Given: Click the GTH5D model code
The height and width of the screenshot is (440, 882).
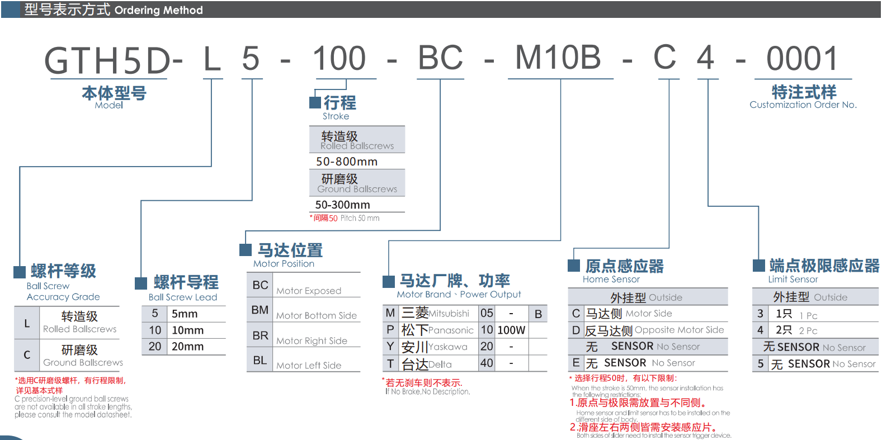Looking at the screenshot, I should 107,60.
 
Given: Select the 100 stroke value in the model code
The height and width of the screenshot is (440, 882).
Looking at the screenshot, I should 339,59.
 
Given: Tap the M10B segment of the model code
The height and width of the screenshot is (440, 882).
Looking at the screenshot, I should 558,58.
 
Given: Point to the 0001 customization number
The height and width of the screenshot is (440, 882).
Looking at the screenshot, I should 802,59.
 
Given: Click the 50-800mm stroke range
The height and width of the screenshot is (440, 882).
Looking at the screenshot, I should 347,162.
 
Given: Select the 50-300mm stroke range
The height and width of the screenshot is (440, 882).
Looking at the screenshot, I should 342,205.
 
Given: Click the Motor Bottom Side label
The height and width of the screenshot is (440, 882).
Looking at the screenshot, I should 316,315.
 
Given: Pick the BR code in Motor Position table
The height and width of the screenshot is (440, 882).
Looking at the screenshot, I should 260,335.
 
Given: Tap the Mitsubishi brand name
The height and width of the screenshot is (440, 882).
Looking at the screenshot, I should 449,314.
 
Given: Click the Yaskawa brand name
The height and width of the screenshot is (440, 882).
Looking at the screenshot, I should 447,347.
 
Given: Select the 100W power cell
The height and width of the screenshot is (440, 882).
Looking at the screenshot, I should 511,330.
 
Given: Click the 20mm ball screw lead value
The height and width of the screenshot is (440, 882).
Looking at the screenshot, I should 187,347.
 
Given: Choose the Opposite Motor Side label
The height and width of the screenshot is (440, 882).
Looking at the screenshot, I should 679,330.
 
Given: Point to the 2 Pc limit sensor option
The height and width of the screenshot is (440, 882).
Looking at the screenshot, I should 808,330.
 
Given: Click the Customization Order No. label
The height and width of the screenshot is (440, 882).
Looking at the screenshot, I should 803,105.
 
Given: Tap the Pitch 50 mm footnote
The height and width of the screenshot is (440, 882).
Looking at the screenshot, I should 360,218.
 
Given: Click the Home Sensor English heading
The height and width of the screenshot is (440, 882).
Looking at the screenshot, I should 611,279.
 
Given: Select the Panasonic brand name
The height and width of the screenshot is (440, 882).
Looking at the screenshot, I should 451,330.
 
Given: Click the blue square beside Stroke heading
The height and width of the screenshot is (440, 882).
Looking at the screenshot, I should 315,102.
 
